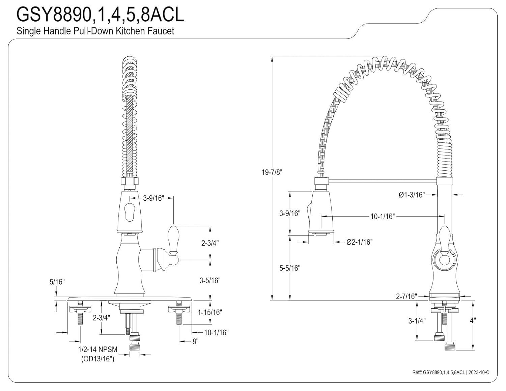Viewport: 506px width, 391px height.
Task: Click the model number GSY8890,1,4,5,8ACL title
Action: click(x=100, y=15)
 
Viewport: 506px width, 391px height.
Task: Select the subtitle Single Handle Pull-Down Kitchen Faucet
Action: click(x=95, y=31)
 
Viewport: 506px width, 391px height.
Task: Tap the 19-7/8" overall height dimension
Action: click(x=271, y=172)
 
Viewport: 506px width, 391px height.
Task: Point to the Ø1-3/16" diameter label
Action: click(x=411, y=195)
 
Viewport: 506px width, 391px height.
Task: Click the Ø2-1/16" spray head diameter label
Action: click(x=359, y=242)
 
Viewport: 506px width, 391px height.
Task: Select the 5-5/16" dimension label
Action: click(x=290, y=268)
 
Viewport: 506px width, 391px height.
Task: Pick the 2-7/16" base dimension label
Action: click(x=406, y=296)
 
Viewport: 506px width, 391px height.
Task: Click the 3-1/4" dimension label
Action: click(x=417, y=320)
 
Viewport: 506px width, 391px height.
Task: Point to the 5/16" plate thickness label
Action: click(x=57, y=282)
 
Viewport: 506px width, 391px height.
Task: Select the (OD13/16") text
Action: click(x=97, y=359)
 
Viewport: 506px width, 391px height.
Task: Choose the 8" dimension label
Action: click(x=195, y=341)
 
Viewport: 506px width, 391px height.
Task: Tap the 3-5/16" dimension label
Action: click(x=210, y=280)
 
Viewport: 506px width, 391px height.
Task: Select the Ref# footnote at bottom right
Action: click(x=450, y=372)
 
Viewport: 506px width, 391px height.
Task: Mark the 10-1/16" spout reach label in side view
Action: click(x=382, y=216)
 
